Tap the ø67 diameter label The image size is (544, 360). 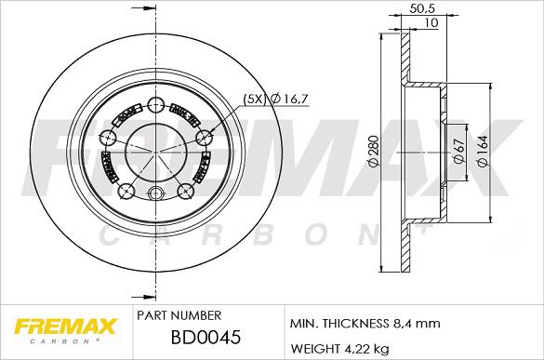[x=458, y=151]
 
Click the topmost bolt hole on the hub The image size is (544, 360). [x=154, y=104]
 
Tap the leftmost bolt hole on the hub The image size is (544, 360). [x=108, y=137]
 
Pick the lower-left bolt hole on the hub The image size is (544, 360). [x=127, y=192]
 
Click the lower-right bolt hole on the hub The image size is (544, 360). [x=182, y=192]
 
